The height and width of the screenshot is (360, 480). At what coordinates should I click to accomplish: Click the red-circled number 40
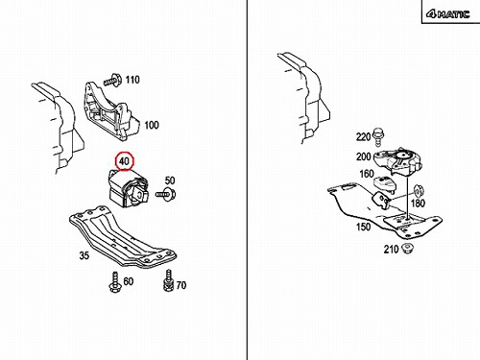click(124, 161)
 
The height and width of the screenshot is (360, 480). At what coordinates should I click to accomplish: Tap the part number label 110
click(132, 80)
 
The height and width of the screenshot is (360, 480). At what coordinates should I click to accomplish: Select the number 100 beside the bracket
click(152, 125)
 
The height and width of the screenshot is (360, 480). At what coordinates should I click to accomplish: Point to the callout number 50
click(170, 180)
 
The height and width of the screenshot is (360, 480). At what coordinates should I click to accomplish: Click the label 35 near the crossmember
click(84, 255)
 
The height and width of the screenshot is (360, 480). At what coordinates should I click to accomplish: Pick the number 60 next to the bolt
click(129, 281)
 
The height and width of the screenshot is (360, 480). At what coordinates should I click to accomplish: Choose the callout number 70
click(181, 285)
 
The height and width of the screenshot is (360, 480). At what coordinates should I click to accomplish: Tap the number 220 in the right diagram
click(363, 137)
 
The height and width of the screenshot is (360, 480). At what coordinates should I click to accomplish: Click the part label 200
click(364, 156)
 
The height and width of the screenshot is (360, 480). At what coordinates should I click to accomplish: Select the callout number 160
click(367, 174)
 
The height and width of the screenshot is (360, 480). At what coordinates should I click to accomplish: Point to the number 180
click(418, 204)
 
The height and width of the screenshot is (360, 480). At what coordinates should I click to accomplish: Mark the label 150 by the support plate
click(364, 227)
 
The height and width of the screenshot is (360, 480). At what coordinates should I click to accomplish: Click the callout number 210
click(391, 249)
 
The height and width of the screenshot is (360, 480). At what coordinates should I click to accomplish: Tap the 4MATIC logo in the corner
click(447, 14)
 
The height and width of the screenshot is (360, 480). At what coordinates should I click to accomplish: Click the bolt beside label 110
click(112, 80)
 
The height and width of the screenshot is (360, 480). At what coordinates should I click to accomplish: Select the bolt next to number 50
click(166, 194)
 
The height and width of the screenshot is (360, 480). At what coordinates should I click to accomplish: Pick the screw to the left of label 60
click(114, 282)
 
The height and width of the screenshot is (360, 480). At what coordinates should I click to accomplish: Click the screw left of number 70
click(168, 280)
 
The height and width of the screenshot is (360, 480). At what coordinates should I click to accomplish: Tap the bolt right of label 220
click(379, 135)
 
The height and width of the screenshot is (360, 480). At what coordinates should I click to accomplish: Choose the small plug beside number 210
click(408, 249)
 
